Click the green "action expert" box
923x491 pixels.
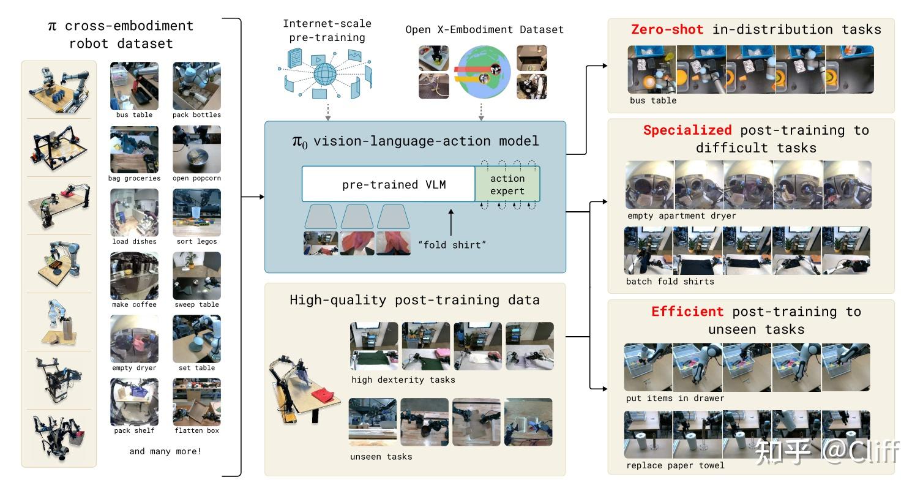click(507, 184)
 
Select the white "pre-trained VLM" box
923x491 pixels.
click(389, 184)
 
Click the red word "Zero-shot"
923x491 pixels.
click(667, 29)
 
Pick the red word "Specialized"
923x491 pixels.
click(687, 130)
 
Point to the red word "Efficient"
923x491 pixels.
click(687, 312)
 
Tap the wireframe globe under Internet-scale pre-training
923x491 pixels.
click(324, 75)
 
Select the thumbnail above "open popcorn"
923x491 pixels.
click(196, 149)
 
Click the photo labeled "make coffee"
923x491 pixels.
click(134, 275)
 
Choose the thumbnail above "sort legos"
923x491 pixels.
click(196, 212)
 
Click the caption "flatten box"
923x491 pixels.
click(196, 430)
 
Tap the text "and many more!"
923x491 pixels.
click(165, 451)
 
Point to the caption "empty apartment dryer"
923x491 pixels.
click(681, 216)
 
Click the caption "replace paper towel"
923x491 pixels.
click(675, 465)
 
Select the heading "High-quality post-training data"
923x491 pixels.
click(414, 300)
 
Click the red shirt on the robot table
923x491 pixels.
click(325, 392)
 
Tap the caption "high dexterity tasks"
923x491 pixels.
click(403, 380)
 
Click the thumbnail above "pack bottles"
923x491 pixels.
click(196, 86)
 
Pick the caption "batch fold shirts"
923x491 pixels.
click(670, 282)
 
